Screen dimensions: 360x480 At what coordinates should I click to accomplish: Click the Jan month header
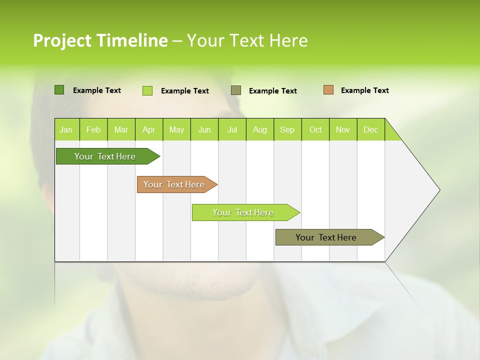pos(66,129)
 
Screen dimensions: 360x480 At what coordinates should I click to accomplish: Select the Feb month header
pos(93,129)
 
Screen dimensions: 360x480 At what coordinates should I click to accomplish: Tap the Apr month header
pos(149,129)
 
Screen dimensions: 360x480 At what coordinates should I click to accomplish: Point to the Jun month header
pos(204,129)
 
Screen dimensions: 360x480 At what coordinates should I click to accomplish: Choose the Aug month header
pos(260,129)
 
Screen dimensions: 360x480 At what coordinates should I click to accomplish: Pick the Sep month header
pos(287,129)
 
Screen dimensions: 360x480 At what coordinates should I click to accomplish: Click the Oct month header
pos(315,129)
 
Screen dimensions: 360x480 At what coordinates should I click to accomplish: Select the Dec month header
pos(371,129)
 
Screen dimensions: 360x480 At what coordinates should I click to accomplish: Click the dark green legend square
pos(59,90)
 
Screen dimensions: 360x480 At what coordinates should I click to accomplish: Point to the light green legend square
pos(147,90)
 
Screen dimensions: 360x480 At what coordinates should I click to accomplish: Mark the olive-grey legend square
pos(236,90)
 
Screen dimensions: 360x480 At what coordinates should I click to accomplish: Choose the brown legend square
pos(328,90)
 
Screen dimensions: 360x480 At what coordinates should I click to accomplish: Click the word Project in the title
pos(62,40)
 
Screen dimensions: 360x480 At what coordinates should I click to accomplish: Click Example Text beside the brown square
pos(365,90)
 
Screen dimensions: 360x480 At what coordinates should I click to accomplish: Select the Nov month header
pos(343,129)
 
